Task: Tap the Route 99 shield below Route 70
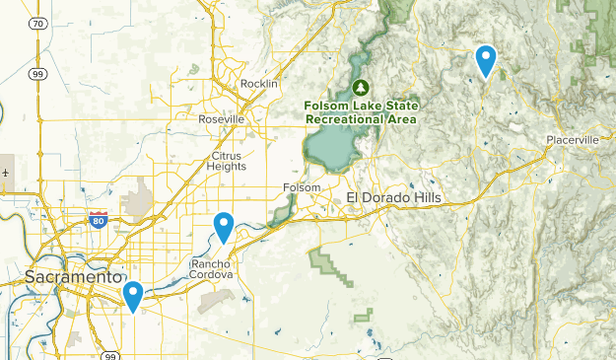click(37, 73)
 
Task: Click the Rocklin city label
click(259, 84)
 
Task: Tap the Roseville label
click(221, 119)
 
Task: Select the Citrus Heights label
click(228, 161)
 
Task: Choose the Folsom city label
click(302, 187)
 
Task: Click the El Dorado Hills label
click(394, 198)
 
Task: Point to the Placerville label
click(573, 140)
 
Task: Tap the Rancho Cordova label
click(211, 269)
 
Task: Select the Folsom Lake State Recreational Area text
click(362, 111)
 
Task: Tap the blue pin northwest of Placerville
click(485, 61)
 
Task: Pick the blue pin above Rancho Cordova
click(225, 227)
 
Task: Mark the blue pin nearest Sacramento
click(132, 295)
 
